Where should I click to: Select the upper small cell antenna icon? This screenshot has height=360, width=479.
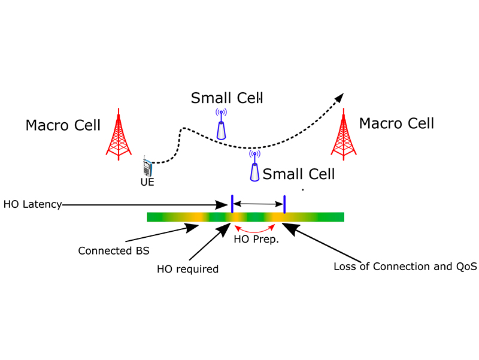point(222,125)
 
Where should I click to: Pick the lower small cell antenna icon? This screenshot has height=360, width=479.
point(255,167)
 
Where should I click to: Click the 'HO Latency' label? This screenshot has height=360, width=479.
point(32,204)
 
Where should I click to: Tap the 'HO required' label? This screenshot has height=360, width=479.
point(187,269)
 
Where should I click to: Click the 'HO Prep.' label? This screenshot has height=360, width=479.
point(256,241)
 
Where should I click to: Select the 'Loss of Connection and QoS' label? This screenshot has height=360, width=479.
point(405,267)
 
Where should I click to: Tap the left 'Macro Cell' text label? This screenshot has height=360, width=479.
point(63,125)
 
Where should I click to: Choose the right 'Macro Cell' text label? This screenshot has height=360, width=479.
point(396,123)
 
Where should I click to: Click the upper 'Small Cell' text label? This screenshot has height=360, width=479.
point(227,97)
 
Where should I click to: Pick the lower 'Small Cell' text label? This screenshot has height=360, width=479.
point(299,174)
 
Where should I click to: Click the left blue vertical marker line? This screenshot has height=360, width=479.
point(232,204)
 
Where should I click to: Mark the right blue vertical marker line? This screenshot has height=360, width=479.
point(284,204)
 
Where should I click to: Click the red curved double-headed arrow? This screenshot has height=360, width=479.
point(256,230)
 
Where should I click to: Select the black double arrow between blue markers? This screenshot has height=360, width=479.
point(258,204)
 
